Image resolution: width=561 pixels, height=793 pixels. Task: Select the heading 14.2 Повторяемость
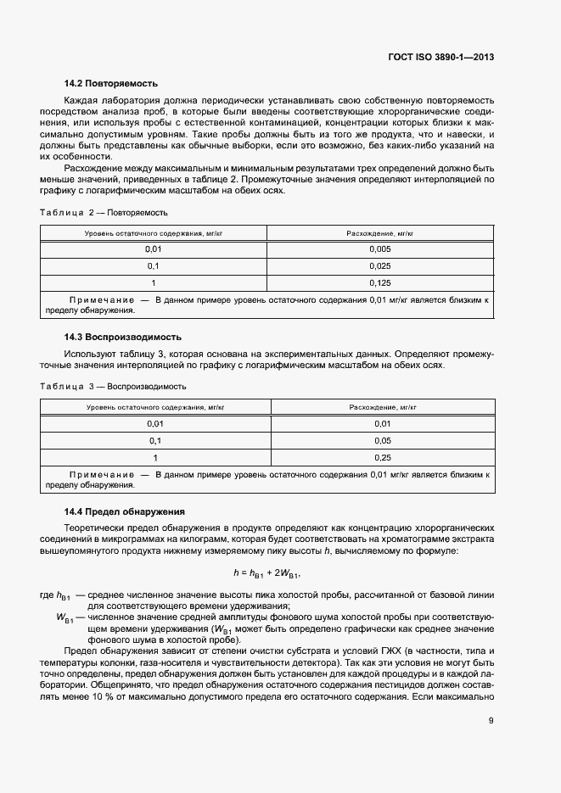point(111,83)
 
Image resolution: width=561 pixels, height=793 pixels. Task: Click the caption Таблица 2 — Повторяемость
point(104,212)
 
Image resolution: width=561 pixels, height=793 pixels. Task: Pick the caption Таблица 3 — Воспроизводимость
point(113,386)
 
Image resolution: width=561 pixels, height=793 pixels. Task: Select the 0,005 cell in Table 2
point(380,249)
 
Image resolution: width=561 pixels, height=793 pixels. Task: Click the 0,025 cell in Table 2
point(380,265)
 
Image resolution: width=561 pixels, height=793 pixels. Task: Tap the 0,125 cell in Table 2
point(380,282)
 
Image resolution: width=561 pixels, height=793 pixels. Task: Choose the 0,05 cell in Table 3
point(382,440)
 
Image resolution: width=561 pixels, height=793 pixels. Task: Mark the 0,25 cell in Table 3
point(382,457)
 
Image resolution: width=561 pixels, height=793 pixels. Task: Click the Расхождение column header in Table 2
point(380,232)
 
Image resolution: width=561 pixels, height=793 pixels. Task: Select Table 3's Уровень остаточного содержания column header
point(155,407)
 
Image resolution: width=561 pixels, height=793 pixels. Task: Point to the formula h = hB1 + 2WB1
point(267,573)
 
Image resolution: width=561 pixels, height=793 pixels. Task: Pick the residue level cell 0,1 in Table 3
point(155,440)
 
